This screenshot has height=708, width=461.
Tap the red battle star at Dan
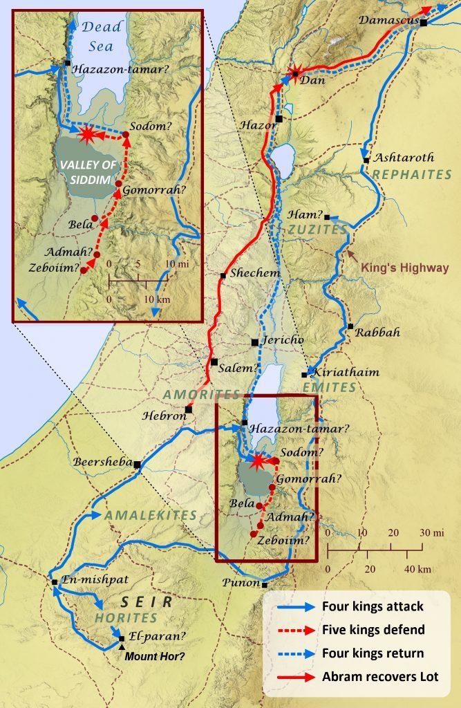295,74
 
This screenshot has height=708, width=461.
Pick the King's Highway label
405,267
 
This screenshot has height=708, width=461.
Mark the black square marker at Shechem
223,276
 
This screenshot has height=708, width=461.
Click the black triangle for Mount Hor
122,646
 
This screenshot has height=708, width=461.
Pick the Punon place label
241,583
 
